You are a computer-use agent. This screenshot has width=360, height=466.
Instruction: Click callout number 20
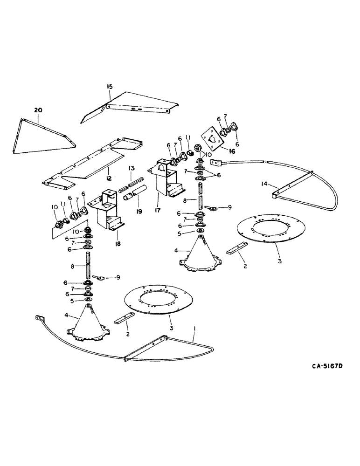coord(38,110)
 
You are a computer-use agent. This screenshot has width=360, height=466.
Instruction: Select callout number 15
coord(110,87)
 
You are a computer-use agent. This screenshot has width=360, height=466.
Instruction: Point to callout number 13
coord(132,168)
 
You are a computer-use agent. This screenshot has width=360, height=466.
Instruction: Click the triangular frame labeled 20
coord(42,135)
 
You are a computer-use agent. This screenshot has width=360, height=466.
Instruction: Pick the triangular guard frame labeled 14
coord(298,186)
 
